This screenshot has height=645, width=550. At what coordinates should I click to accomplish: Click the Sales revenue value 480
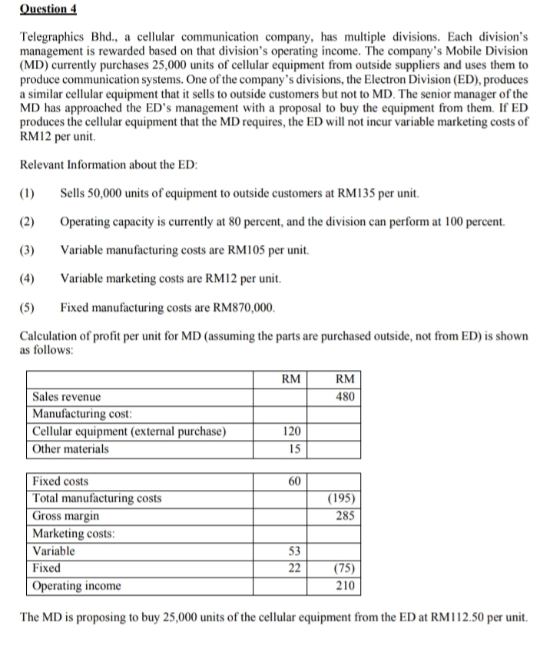[x=344, y=397]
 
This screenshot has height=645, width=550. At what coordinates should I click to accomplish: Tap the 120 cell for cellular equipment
[x=292, y=432]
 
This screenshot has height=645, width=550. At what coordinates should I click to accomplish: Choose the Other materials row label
[x=71, y=448]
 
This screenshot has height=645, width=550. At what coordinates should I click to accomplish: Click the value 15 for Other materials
[x=294, y=448]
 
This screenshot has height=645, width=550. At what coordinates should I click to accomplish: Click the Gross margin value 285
[x=344, y=516]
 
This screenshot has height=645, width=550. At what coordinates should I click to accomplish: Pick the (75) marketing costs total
[x=343, y=568]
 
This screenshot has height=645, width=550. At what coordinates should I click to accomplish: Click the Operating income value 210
[x=344, y=586]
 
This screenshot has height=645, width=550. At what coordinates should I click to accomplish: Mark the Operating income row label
[x=77, y=586]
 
